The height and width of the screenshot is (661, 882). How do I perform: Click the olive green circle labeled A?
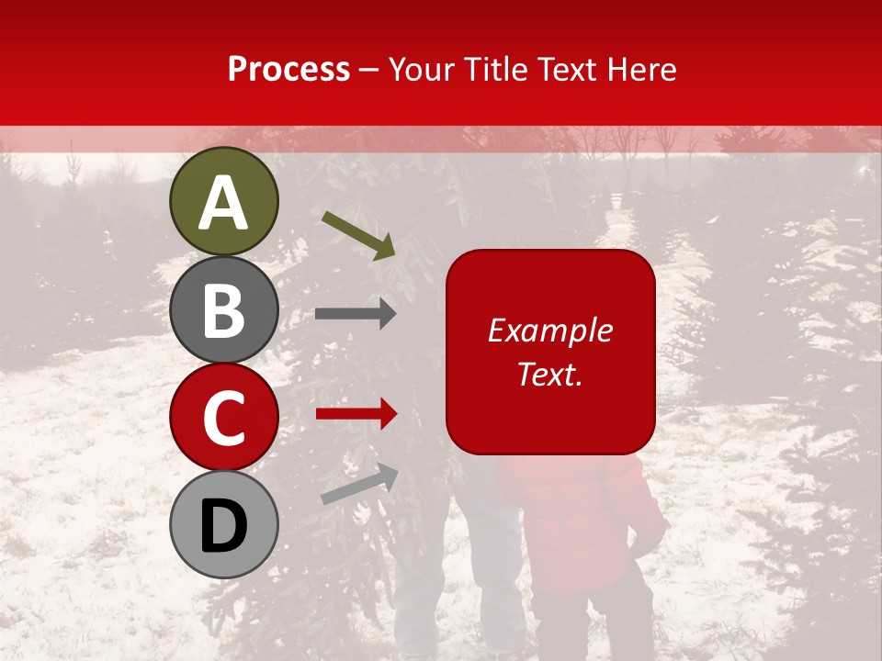[x=223, y=201]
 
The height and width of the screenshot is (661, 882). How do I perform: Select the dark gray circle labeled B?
[x=223, y=309]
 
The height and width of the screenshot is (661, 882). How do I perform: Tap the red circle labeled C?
[x=223, y=417]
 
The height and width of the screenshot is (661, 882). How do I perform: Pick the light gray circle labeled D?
[x=223, y=524]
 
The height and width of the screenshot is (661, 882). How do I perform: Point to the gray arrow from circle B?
[x=356, y=314]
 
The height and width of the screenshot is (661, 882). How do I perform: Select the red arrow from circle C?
[x=356, y=414]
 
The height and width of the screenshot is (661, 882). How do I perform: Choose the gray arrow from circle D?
[x=359, y=484]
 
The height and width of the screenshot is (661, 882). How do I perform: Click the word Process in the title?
[x=288, y=70]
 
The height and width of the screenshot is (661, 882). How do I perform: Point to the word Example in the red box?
[x=549, y=331]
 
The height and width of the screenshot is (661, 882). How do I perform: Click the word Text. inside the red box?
[x=549, y=374]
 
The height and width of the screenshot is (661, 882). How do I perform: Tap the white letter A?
[x=223, y=202]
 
